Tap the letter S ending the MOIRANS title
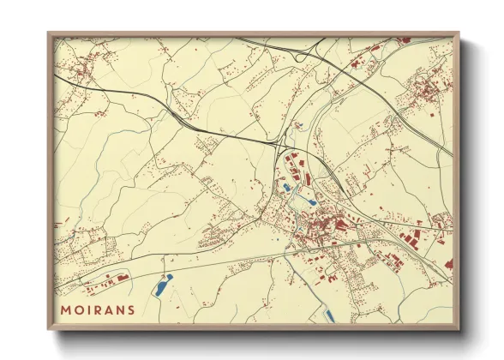(129, 309)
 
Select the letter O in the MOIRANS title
(78, 309)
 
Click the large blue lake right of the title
(162, 285)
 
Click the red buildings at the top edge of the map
(403, 39)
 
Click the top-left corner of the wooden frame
(49, 34)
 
